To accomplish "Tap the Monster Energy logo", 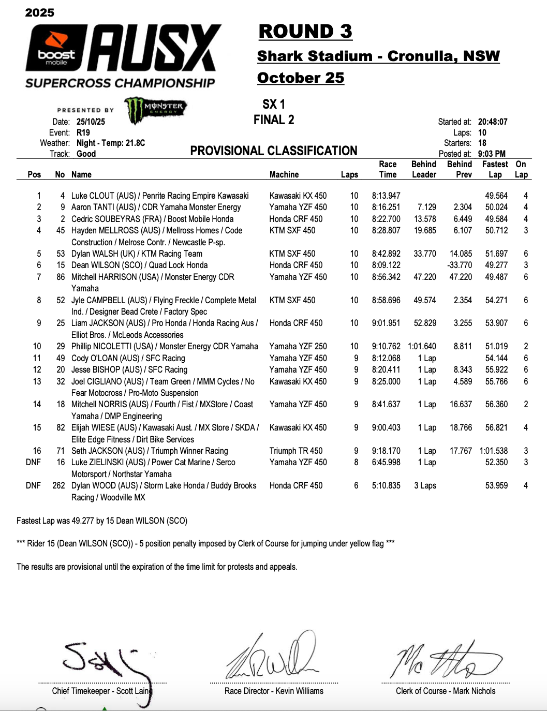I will tap(155, 109).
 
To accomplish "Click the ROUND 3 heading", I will tap(305, 32).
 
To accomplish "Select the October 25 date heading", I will tap(301, 78).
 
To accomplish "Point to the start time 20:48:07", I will tap(493, 122).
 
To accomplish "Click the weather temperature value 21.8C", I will tap(133, 143).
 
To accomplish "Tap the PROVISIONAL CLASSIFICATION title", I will tap(274, 151).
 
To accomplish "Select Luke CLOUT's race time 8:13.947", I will tap(386, 196).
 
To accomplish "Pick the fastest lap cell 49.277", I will tap(496, 265).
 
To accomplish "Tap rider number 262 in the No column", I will tap(58, 485).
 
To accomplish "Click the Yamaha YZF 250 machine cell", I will tap(298, 346).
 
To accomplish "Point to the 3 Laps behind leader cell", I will tap(425, 485).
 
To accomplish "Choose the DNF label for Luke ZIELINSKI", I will tap(33, 462).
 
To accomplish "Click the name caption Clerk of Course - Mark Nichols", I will tap(446, 691).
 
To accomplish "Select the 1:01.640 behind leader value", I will tap(422, 346).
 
